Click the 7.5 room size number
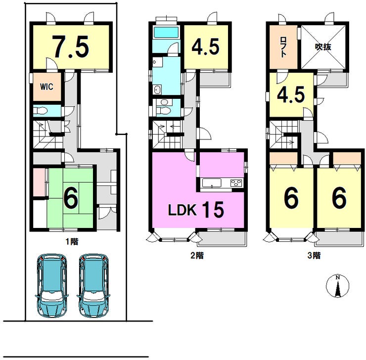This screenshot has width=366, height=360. point(70,46)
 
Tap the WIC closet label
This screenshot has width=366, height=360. point(46,87)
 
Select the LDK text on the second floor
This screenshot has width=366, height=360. point(182,210)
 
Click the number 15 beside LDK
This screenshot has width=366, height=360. point(213,209)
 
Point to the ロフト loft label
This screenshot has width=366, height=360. point(283,47)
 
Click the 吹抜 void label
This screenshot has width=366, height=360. point(323,47)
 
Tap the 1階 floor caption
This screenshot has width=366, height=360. point(72,241)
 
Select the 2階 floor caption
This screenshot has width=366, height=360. point(197,256)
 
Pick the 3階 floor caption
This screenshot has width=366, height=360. point(314,256)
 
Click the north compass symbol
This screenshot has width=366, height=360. point(337,286)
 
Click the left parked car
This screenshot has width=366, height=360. point(52,285)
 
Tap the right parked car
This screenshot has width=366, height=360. point(93,285)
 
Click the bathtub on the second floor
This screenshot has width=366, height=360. point(166,32)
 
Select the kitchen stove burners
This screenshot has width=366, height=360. point(236,182)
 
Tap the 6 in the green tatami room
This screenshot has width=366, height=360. point(71,199)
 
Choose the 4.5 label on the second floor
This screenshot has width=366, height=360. point(205,46)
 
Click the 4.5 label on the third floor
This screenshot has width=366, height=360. point(291,94)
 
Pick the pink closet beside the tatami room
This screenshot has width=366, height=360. point(39,182)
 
